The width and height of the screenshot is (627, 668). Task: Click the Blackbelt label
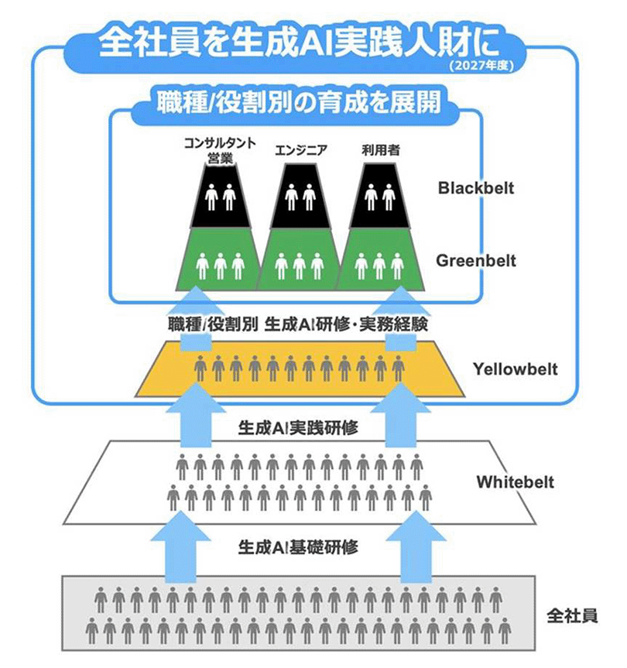(x=475, y=188)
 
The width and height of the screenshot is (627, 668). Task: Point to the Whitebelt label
(x=515, y=482)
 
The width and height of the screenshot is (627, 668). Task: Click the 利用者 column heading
(x=379, y=151)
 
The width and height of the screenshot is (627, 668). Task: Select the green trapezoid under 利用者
(x=379, y=260)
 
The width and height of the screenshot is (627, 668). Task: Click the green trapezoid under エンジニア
(x=300, y=260)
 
